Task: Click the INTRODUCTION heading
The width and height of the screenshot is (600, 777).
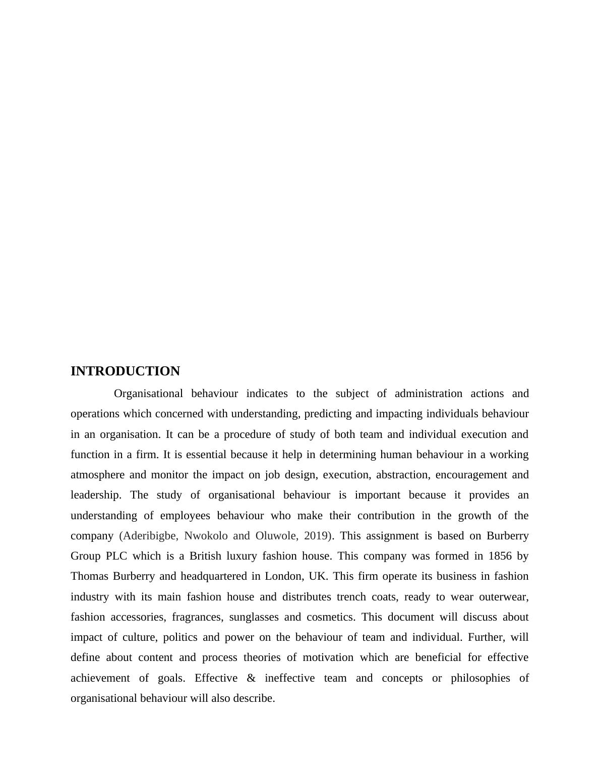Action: point(125,371)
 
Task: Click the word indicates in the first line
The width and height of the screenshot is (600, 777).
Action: point(267,394)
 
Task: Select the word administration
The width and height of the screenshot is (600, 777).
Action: point(428,394)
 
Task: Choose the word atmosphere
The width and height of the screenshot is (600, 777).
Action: point(97,475)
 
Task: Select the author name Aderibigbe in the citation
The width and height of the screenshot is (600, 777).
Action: point(149,536)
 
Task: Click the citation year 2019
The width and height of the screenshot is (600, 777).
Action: point(317,536)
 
